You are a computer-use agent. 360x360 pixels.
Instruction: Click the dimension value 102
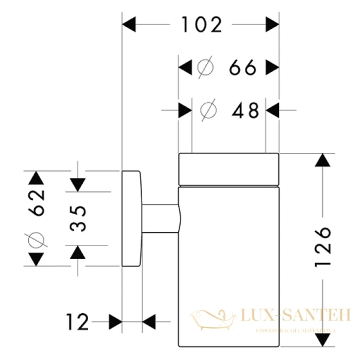point(201,25)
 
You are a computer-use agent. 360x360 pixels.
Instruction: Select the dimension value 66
point(242,68)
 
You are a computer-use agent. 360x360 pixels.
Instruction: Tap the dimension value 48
point(245,110)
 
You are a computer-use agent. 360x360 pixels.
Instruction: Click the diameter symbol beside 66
point(205,68)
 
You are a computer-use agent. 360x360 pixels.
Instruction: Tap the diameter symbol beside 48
point(208,110)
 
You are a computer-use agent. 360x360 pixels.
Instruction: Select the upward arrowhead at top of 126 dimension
point(324,161)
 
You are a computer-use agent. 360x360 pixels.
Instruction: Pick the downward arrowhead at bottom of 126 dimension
point(324,341)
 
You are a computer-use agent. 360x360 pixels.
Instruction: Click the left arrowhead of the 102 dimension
point(130,25)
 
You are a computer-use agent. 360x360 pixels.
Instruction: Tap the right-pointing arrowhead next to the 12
point(115,322)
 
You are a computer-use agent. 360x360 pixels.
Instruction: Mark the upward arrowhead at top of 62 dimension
point(36,178)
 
